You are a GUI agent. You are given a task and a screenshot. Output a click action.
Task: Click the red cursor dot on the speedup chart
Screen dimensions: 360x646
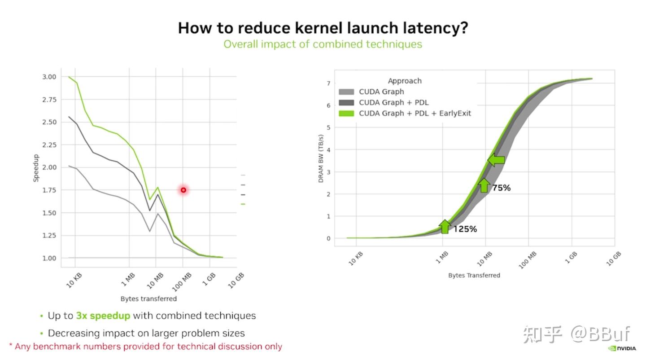pyautogui.click(x=183, y=190)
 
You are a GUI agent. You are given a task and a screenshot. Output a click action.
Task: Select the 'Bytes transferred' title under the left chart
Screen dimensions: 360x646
pyautogui.click(x=148, y=299)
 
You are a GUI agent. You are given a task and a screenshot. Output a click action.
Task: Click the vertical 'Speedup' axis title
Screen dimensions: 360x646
pyautogui.click(x=36, y=168)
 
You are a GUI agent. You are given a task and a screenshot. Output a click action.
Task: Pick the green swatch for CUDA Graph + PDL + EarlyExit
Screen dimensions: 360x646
pyautogui.click(x=347, y=114)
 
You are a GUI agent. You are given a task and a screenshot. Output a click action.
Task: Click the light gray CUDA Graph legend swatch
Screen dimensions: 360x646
pyautogui.click(x=347, y=92)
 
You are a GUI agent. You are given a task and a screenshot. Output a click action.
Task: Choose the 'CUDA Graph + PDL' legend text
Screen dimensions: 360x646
pyautogui.click(x=393, y=103)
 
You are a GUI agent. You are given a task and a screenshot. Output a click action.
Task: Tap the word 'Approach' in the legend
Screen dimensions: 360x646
pyautogui.click(x=405, y=81)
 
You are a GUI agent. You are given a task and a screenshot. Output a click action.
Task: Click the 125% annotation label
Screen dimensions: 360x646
pyautogui.click(x=465, y=229)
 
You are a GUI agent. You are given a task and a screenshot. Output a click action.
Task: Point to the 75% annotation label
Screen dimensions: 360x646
pyautogui.click(x=501, y=188)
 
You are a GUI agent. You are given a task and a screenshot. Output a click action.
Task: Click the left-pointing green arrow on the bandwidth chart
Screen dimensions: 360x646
pyautogui.click(x=496, y=160)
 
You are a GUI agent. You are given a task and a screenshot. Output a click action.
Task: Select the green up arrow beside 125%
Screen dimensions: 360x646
pyautogui.click(x=444, y=226)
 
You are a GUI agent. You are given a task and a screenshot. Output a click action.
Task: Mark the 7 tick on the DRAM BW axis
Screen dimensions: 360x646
pyautogui.click(x=328, y=83)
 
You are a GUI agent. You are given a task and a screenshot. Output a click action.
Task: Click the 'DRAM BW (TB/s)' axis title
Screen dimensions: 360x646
pyautogui.click(x=321, y=158)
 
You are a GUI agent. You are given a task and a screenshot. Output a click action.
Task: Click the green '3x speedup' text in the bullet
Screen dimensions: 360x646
pyautogui.click(x=103, y=316)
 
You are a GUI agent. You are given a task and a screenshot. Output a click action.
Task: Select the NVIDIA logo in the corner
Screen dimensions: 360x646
pyautogui.click(x=622, y=348)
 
